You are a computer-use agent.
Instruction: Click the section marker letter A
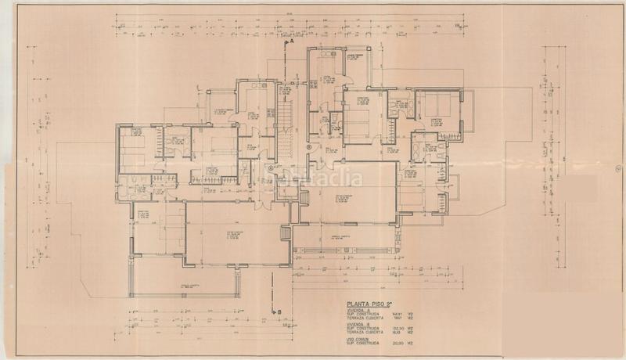pyautogui.click(x=290, y=45)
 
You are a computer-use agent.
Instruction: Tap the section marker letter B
pyautogui.click(x=278, y=311)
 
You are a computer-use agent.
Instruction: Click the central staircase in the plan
pyautogui.click(x=286, y=125)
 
